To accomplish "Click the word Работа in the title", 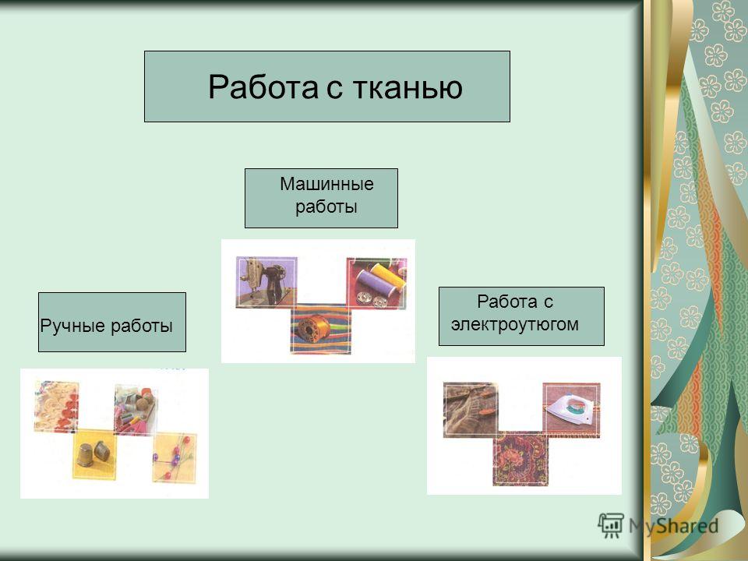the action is point(263,86).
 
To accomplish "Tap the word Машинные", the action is point(326,184).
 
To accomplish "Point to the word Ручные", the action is point(73,326).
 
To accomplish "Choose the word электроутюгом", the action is point(515,324).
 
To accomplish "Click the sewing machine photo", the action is point(266,282).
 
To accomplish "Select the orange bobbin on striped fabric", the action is point(320,329).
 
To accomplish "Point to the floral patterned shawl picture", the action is point(520,458).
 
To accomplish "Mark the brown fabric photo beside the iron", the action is point(471,410).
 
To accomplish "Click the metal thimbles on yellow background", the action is point(93,453).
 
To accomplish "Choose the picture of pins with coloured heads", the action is point(175,457).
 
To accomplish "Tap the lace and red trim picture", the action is point(56,407).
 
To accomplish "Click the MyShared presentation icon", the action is point(611,525).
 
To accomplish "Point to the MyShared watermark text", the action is point(673,526).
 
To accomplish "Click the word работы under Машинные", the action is point(326,206).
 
